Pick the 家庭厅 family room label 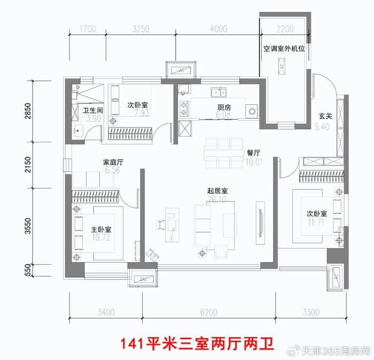pos(113,162)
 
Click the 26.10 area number pos(218,199)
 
